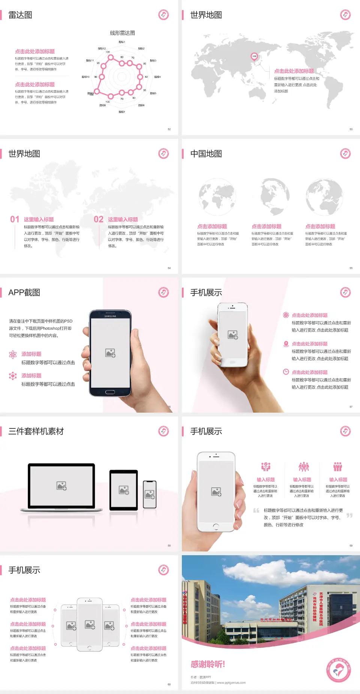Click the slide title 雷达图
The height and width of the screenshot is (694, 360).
pos(20,15)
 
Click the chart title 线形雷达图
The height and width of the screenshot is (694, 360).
pos(122,33)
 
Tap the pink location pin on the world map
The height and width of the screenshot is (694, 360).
pos(254,57)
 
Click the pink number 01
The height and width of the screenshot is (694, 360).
pos(15,219)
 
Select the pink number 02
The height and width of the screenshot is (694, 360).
pos(99,219)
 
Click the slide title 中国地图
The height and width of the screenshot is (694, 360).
pos(206,154)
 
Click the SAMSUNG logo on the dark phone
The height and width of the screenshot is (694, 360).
pos(110,316)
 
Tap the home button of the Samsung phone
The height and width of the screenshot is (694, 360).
pos(110,392)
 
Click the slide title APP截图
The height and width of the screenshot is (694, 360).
pos(24,293)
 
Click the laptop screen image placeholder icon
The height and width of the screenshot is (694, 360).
pos(61,486)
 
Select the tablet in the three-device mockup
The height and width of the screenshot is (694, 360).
pos(124,490)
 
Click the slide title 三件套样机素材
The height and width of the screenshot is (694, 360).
pos(36,431)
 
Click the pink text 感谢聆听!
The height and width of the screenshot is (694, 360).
pos(208,664)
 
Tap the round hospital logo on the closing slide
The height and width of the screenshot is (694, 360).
pos(338,670)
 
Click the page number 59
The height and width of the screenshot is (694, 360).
pos(351,545)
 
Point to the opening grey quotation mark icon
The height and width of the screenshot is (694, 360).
pos(256,511)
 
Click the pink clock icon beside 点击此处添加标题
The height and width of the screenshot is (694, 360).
pos(286,372)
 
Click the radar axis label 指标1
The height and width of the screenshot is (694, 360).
pos(122,42)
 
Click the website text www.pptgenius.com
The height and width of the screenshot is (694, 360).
pos(231,683)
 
